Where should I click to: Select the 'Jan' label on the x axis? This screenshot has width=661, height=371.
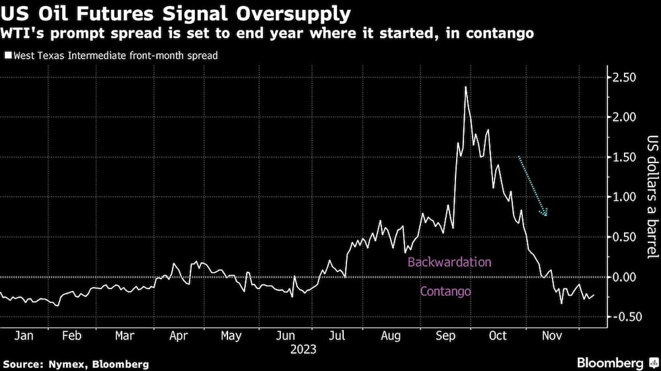pos(24,336)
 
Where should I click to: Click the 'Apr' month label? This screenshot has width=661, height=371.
pos(178,336)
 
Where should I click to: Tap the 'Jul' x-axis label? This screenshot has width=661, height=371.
pos(337,336)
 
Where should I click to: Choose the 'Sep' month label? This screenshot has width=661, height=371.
pos(445,336)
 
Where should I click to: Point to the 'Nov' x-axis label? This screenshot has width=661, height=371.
pos(552,336)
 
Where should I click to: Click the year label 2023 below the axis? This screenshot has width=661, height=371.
pos(303,349)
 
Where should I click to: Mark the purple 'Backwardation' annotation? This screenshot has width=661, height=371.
pos(449,262)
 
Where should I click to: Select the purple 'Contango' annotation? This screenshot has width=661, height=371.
pos(446,290)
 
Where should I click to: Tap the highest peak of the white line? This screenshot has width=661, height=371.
pos(466,86)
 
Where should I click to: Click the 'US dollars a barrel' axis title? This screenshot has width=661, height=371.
pos(650,198)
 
